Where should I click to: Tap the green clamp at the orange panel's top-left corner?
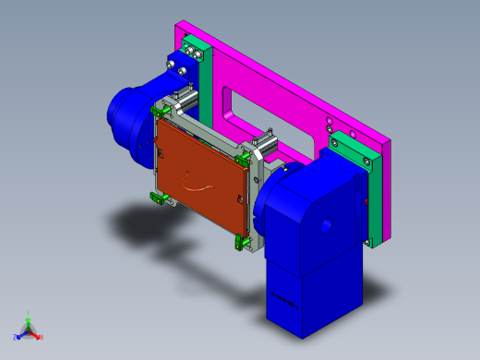158,109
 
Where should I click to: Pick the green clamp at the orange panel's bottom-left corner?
157,198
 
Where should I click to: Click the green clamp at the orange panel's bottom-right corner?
245,242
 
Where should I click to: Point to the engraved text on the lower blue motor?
285,299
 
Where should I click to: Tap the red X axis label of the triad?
42,338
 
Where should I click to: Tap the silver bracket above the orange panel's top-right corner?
261,145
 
